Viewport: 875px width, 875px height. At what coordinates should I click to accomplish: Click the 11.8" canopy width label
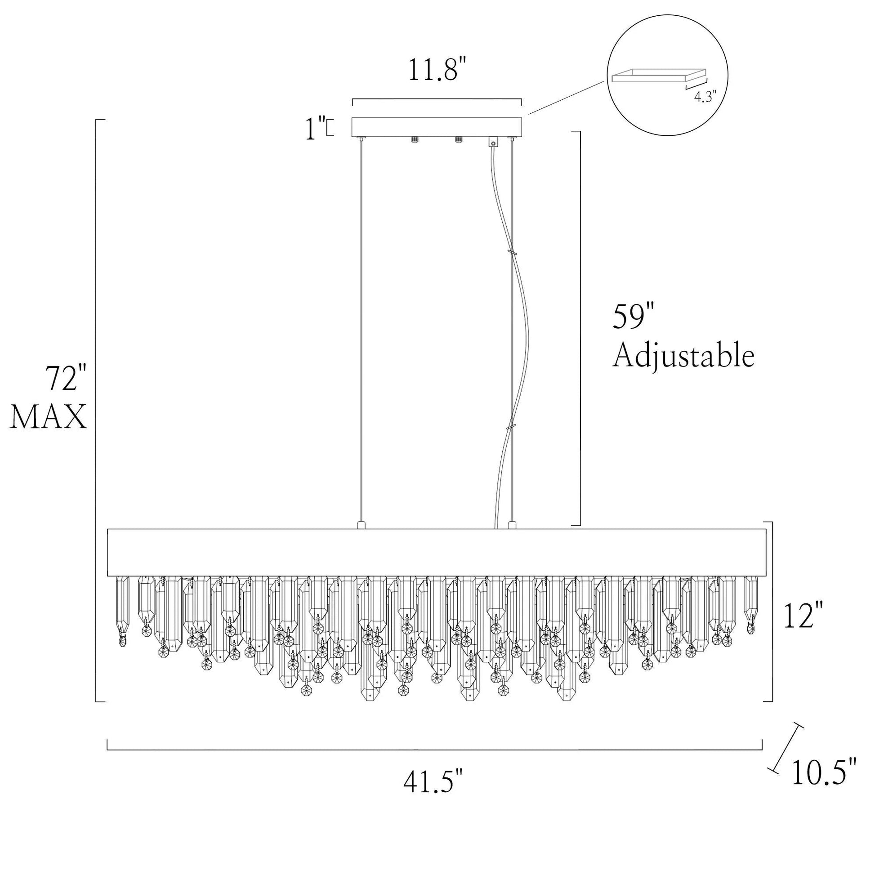coord(437,69)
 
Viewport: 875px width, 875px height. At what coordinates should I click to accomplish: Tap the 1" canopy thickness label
coord(316,128)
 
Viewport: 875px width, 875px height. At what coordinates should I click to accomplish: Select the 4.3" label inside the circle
coord(705,97)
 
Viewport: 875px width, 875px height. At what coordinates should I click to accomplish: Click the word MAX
coord(48,417)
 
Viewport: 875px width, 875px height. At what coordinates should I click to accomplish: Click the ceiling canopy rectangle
coord(437,127)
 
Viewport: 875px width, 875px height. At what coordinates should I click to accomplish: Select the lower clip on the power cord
coord(511,427)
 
